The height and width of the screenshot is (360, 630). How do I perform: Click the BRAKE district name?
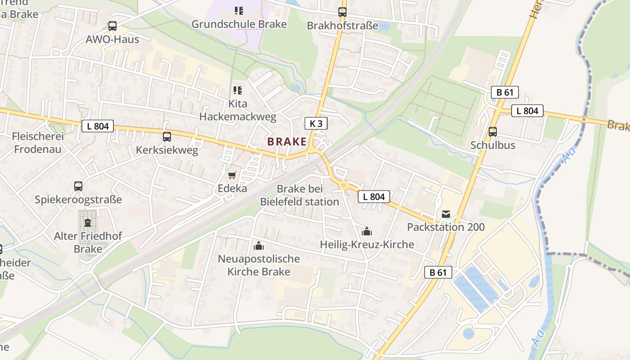(x=287, y=141)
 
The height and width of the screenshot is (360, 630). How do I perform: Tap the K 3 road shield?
(x=315, y=123)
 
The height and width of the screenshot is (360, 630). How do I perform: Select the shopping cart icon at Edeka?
(x=232, y=175)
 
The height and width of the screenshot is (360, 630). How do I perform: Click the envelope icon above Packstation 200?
(x=445, y=214)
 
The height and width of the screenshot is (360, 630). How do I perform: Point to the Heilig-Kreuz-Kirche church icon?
(x=367, y=232)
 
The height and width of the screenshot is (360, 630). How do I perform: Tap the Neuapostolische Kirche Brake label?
(x=259, y=265)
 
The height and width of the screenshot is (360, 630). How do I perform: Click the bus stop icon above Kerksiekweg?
(x=167, y=136)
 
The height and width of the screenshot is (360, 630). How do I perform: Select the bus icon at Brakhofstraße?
(x=342, y=12)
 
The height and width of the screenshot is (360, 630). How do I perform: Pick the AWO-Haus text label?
(x=112, y=39)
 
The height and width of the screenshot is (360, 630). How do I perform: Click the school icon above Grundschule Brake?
(x=238, y=10)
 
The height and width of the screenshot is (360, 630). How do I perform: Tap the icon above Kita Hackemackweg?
(x=238, y=90)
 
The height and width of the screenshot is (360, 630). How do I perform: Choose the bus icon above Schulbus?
(x=493, y=132)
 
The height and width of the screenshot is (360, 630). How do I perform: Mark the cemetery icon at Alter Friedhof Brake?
(x=88, y=222)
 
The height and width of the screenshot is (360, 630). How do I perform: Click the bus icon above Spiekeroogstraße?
(x=78, y=186)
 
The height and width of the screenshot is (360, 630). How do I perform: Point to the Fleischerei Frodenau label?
(x=38, y=143)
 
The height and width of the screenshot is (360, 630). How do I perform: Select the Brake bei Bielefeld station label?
(x=300, y=195)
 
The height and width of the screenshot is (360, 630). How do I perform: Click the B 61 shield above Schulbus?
(x=504, y=93)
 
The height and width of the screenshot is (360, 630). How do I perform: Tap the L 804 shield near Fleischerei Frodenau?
(x=98, y=126)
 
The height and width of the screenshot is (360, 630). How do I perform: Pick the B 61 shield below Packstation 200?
(x=438, y=272)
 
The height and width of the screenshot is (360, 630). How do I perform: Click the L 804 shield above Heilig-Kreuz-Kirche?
(x=374, y=196)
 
